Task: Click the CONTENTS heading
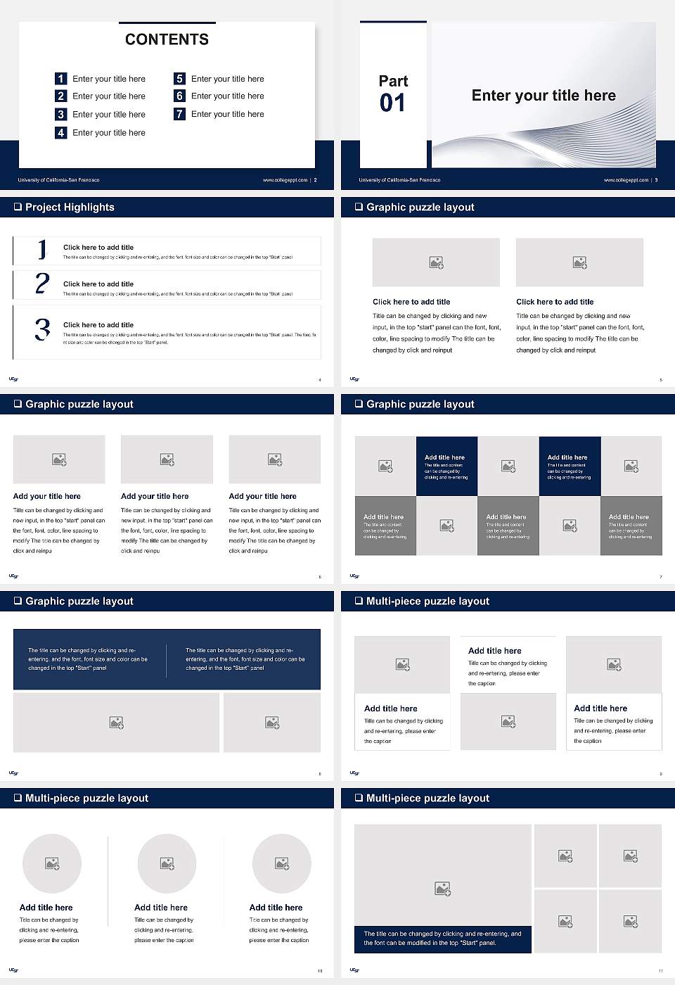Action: click(x=167, y=39)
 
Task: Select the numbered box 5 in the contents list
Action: click(x=179, y=79)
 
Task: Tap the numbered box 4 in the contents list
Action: click(x=60, y=132)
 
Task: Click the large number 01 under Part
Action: click(x=392, y=103)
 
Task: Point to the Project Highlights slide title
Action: click(x=70, y=207)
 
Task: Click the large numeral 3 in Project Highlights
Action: click(x=42, y=329)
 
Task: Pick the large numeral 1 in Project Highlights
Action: click(x=42, y=249)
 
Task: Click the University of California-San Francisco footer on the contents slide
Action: click(x=58, y=180)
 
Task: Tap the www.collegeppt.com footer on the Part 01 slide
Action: click(x=626, y=180)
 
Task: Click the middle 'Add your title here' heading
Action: click(x=155, y=496)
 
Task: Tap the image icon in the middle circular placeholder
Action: click(x=167, y=863)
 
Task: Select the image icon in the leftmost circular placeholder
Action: click(x=52, y=863)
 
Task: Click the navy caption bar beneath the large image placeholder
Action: click(x=442, y=939)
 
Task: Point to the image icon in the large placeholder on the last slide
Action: click(x=442, y=889)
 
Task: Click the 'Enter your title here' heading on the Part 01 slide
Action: click(x=544, y=96)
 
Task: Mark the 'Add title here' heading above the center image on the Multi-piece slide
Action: click(x=495, y=651)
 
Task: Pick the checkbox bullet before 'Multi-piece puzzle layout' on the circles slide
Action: click(x=18, y=798)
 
